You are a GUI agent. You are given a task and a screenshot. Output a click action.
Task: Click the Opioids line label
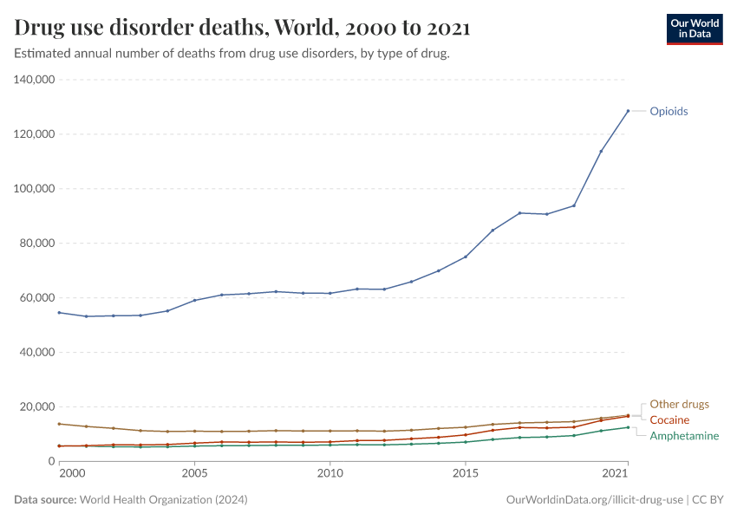[x=669, y=111]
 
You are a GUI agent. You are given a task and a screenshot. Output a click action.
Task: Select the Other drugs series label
[x=679, y=404]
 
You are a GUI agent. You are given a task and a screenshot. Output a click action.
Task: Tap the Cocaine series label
[x=669, y=420]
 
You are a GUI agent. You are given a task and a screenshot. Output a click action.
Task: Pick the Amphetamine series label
[x=684, y=436]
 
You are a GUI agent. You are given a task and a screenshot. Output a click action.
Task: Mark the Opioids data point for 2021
[x=628, y=111]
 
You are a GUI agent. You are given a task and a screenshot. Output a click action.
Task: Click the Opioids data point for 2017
[x=519, y=212]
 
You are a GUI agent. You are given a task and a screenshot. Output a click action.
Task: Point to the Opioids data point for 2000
[x=59, y=313]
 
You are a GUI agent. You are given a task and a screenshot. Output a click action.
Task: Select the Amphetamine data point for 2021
[x=628, y=427]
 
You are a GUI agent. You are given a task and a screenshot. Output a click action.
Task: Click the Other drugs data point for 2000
[x=59, y=424]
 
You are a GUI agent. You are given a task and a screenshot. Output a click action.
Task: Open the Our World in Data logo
[x=694, y=29]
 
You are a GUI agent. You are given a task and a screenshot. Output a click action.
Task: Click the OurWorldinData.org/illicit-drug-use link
[x=594, y=500]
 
